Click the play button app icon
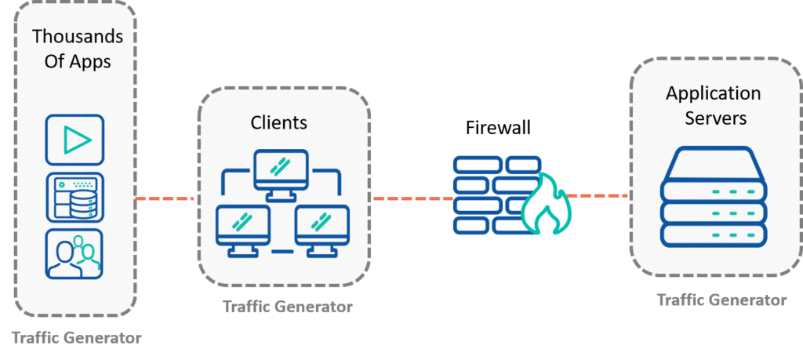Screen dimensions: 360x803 point(74,140)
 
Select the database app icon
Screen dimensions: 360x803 point(74,197)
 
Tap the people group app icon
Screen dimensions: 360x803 point(74,254)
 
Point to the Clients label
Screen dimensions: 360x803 point(278,122)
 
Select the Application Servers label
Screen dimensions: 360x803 point(713,106)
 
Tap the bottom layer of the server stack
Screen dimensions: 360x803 point(713,233)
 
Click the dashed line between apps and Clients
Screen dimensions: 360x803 point(165,198)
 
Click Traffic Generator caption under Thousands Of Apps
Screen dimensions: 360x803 point(77,338)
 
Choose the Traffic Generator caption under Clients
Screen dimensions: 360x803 point(287,307)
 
